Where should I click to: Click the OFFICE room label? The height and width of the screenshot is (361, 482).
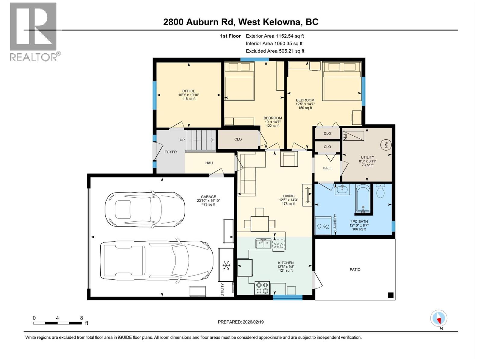pos(189,91)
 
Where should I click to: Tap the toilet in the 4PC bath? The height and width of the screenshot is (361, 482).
pos(380,191)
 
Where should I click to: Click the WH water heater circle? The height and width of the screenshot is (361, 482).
pos(386,145)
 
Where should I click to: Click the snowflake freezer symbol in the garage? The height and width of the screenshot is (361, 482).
pos(226,265)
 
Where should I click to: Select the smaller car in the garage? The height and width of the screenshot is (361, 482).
pos(145,209)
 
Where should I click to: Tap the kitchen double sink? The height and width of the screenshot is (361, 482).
pos(263,243)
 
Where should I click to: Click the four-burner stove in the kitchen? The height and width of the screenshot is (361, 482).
pos(262,287)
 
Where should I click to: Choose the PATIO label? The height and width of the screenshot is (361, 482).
pos(355,270)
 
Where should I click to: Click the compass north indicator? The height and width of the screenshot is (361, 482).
pos(439,319)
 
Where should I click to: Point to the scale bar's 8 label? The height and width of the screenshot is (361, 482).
pos(81,318)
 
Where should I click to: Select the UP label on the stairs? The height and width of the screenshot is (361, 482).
pos(182,140)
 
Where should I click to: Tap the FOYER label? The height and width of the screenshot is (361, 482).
pos(171,152)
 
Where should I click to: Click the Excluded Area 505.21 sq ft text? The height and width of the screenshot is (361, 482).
pos(275,51)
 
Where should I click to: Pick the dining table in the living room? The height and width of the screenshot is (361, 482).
pos(259,224)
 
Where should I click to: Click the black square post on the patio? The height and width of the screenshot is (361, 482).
pos(391,295)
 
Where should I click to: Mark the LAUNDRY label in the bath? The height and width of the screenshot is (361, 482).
pos(335,222)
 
